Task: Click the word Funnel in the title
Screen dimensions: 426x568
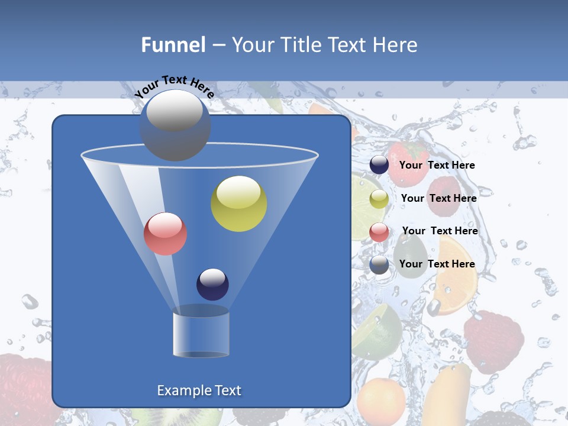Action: click(173, 45)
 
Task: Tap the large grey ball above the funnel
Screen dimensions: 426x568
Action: click(175, 125)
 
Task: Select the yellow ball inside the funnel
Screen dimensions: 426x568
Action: click(239, 204)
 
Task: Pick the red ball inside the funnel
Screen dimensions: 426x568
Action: click(166, 234)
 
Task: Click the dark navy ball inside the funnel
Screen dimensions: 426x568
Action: click(212, 284)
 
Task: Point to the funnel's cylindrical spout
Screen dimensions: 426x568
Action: click(201, 333)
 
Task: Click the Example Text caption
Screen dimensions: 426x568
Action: click(199, 390)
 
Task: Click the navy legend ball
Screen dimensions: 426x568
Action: click(379, 165)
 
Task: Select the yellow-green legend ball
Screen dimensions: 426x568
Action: click(379, 199)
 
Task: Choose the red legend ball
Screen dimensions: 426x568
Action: click(379, 232)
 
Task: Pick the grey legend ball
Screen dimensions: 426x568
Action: click(379, 264)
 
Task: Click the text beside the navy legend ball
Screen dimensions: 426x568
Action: click(437, 166)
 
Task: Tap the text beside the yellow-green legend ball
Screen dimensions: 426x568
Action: click(438, 198)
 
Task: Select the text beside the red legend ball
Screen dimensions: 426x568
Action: click(440, 231)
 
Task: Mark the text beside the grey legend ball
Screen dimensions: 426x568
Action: click(437, 264)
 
